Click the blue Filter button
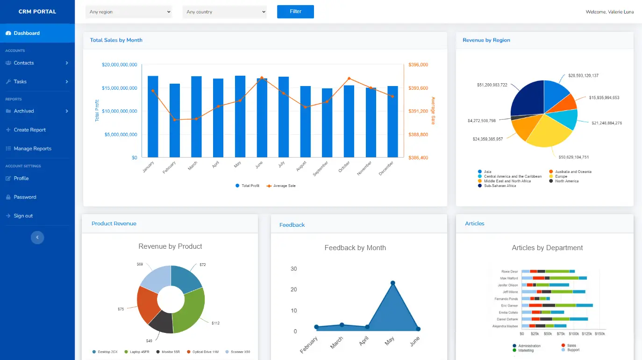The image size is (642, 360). (295, 12)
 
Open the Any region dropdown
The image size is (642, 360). (128, 12)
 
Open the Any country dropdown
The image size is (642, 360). (224, 12)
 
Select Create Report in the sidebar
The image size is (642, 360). (30, 130)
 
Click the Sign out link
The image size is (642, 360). (23, 216)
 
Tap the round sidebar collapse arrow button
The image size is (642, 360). (37, 238)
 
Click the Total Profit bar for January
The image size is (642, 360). (153, 117)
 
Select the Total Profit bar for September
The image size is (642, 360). (327, 122)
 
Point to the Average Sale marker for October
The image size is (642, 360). (349, 79)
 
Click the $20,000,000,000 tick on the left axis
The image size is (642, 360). (119, 65)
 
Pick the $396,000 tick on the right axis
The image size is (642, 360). (418, 65)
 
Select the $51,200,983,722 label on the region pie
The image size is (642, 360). (492, 85)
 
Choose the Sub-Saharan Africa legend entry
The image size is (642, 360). (500, 186)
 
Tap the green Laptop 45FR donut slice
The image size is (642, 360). (189, 311)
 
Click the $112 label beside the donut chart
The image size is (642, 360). (215, 323)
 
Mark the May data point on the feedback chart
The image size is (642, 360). (392, 283)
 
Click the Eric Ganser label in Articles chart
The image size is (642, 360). (509, 306)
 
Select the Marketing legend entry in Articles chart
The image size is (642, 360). (526, 350)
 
